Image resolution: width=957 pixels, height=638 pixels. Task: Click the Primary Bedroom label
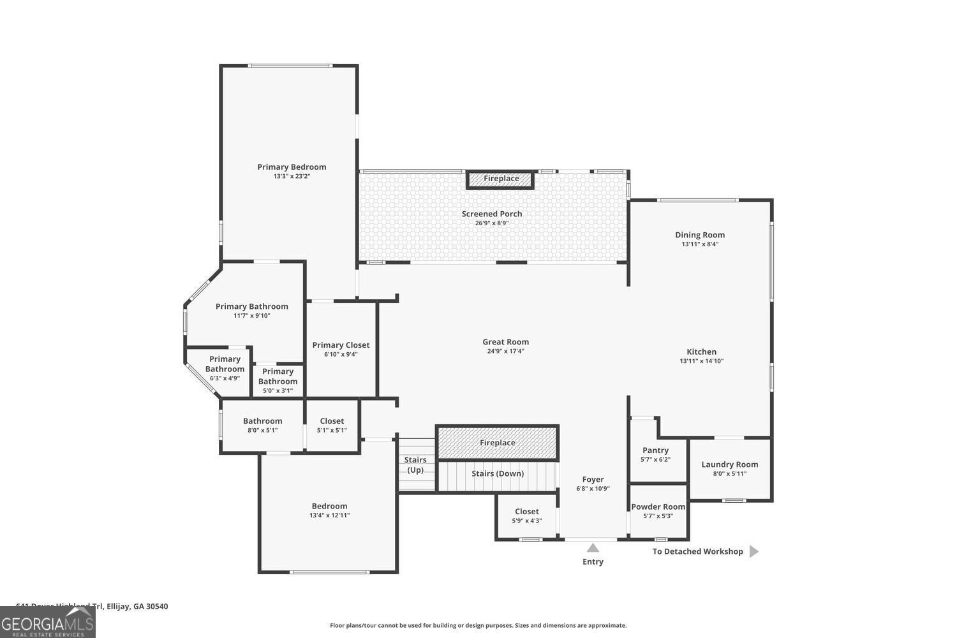coord(292,167)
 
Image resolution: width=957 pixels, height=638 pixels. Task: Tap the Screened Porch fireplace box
coord(501,179)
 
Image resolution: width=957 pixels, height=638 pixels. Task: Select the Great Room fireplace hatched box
coord(497,443)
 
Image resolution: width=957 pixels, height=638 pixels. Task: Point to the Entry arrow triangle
coord(593,547)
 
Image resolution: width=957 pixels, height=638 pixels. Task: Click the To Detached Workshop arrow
coord(753,551)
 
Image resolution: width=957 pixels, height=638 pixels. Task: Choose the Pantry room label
coord(655,450)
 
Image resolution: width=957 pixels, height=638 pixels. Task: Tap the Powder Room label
coord(658,507)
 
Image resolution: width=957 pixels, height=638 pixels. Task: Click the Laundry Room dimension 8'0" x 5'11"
coord(729,473)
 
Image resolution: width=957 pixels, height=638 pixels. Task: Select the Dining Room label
coord(700,235)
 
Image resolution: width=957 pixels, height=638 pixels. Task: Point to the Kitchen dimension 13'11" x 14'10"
coord(701,361)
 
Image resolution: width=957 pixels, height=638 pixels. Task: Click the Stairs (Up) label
coord(415,465)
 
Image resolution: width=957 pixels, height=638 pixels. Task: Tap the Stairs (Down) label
coord(498,473)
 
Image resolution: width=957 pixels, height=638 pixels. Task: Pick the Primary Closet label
coord(341,345)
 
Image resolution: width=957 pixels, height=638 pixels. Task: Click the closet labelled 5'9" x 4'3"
coord(526,516)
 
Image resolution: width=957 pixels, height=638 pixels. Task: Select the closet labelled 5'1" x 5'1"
coord(332,425)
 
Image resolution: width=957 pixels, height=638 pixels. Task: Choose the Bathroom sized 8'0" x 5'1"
coord(262,425)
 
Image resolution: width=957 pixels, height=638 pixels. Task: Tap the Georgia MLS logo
coord(47,622)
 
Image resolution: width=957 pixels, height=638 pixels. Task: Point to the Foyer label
coord(593,480)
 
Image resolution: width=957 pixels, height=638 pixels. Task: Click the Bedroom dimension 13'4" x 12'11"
coord(329,516)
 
